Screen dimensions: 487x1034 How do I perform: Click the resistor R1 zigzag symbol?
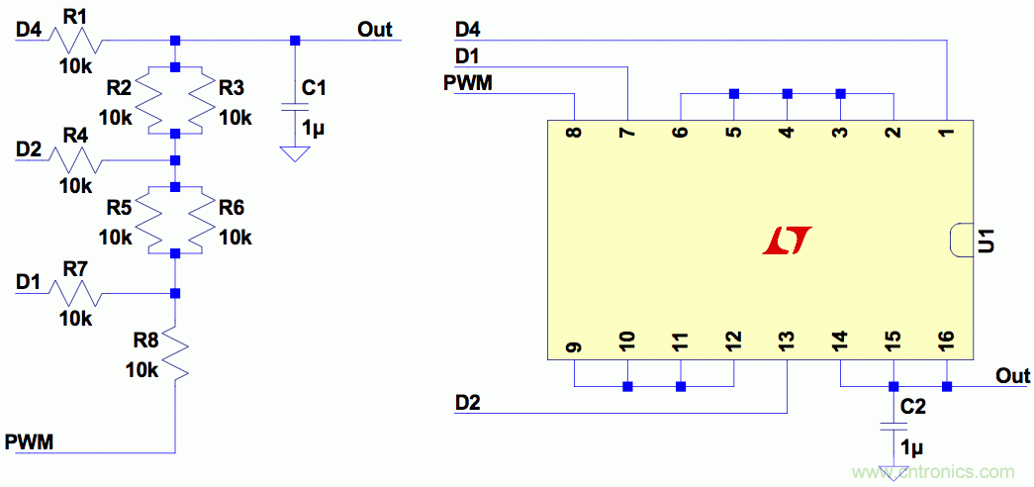coord(77,41)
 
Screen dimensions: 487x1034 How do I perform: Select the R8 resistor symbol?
coord(175,355)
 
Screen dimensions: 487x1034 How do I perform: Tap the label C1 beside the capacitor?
coord(314,89)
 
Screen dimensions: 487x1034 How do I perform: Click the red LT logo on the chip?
coord(788,240)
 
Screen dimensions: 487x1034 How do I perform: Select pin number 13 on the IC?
coord(787,343)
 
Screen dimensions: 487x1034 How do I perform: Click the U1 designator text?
coord(987,241)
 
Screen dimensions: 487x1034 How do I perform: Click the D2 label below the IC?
coord(469,402)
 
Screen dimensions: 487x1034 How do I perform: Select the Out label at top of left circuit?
coord(375,29)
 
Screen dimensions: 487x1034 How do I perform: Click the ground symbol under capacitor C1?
coord(292,153)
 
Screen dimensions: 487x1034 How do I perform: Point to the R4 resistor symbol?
coord(77,159)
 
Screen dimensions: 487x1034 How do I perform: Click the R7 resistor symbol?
coord(77,293)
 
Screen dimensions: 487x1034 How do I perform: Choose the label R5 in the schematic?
coord(119,209)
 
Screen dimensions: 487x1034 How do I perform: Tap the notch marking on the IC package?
coord(958,241)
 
